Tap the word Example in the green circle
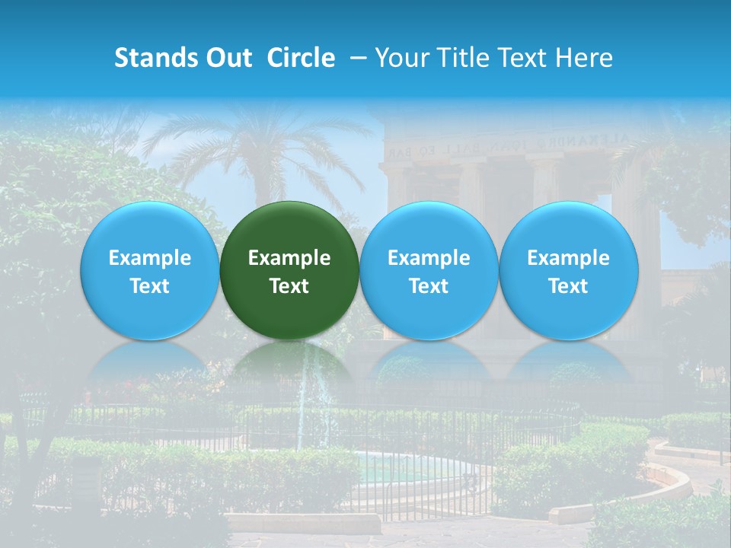coord(289,258)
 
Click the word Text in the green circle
coord(289,286)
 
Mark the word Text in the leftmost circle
coord(149,286)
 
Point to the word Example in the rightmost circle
coord(568,258)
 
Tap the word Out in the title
coord(228,58)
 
